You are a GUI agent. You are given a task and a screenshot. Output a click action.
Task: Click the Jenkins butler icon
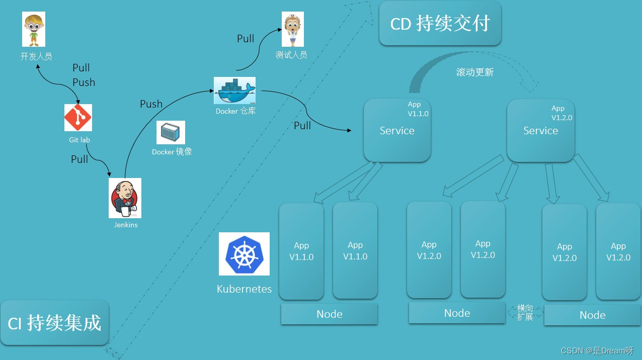click(x=125, y=198)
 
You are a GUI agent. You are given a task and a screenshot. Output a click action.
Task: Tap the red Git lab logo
click(x=78, y=118)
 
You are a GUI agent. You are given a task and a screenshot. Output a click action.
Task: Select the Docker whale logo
click(x=234, y=91)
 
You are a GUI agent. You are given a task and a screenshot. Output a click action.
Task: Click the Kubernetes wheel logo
click(x=244, y=254)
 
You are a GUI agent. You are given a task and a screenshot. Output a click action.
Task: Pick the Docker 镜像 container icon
click(x=171, y=133)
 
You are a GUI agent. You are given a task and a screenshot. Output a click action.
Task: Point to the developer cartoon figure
click(x=34, y=30)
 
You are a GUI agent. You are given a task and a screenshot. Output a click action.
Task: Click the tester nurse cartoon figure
click(x=292, y=30)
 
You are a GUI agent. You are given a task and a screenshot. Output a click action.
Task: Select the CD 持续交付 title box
click(x=440, y=24)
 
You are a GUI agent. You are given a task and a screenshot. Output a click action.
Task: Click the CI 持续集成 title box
click(x=54, y=323)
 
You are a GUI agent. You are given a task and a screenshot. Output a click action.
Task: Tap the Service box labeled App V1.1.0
click(x=397, y=130)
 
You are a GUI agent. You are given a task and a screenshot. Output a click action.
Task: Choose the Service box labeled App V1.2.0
click(x=540, y=130)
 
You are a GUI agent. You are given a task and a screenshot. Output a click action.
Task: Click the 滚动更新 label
click(x=474, y=72)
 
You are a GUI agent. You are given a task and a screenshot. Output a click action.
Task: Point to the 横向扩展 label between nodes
click(x=525, y=313)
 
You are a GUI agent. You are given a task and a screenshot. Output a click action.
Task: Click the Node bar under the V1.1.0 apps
click(x=329, y=314)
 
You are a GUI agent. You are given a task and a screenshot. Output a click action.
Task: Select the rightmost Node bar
click(x=592, y=315)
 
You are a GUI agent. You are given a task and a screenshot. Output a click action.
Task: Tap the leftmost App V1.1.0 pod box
click(x=301, y=251)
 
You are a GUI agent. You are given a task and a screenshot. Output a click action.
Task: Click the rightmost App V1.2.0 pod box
click(x=618, y=251)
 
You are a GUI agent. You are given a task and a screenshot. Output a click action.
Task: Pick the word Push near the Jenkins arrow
click(x=151, y=104)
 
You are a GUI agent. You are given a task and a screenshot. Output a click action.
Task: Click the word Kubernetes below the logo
click(x=244, y=289)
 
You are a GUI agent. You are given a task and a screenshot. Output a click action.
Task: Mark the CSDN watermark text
click(x=597, y=351)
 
